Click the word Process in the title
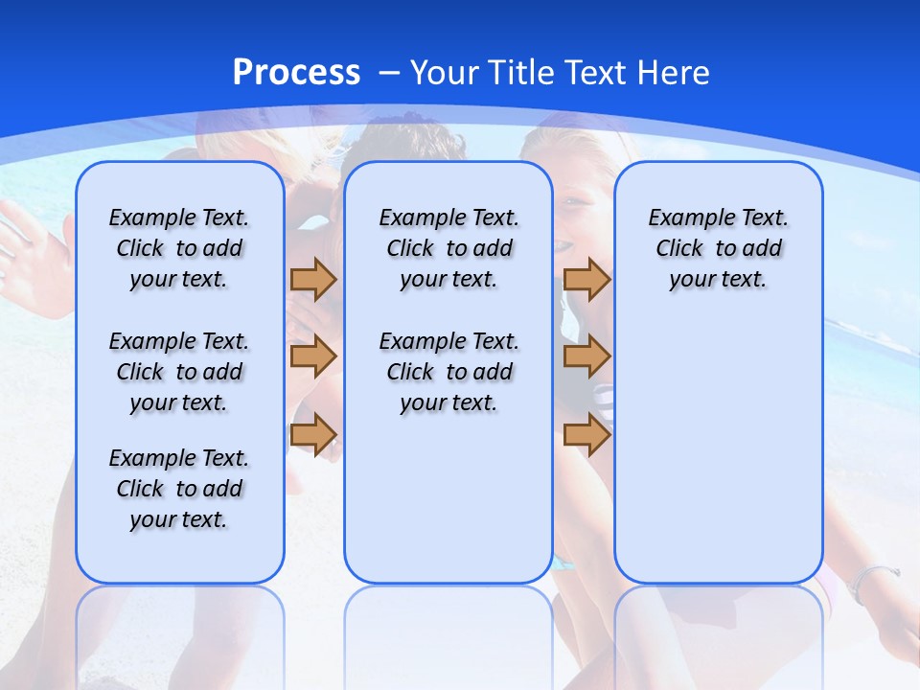pyautogui.click(x=296, y=73)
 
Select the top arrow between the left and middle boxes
pyautogui.click(x=313, y=280)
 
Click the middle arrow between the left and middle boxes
pyautogui.click(x=313, y=356)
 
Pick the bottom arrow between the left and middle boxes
pyautogui.click(x=313, y=434)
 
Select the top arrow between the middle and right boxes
pyautogui.click(x=586, y=280)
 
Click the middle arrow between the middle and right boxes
pyautogui.click(x=586, y=356)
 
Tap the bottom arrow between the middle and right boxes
pyautogui.click(x=586, y=435)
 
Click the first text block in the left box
pyautogui.click(x=179, y=248)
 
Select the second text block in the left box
pyautogui.click(x=179, y=372)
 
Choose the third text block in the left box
pyautogui.click(x=179, y=489)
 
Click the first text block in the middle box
pyautogui.click(x=448, y=248)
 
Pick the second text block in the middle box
pyautogui.click(x=448, y=372)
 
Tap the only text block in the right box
pyautogui.click(x=718, y=248)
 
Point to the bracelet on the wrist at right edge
pyautogui.click(x=874, y=577)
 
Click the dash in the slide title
pyautogui.click(x=388, y=74)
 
